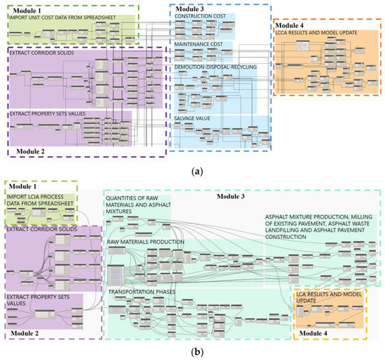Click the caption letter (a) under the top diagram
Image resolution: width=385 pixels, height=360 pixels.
(x=192, y=170)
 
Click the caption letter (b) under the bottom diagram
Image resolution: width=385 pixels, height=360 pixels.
(x=192, y=352)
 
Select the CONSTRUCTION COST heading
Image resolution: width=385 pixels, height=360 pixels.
(x=204, y=15)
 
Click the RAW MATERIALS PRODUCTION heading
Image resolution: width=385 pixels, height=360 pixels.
(x=146, y=242)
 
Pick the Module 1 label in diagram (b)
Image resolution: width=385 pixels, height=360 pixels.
(x=24, y=187)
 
